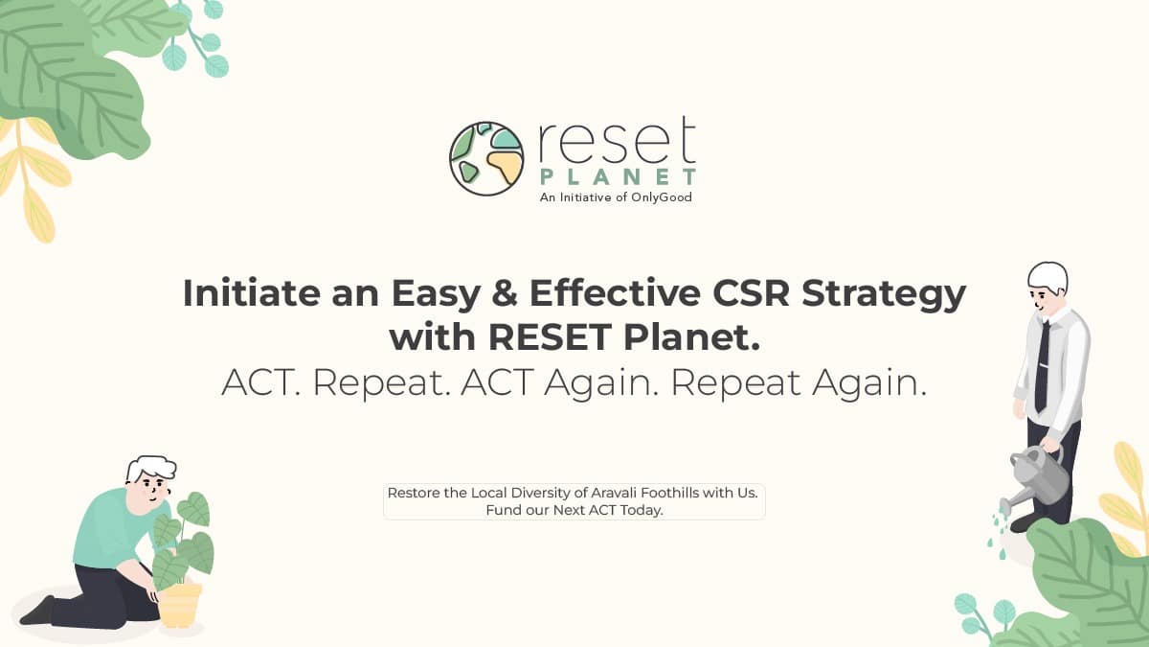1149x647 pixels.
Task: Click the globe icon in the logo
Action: pyautogui.click(x=486, y=159)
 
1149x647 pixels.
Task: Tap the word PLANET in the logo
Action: pyautogui.click(x=619, y=177)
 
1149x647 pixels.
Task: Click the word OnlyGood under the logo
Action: pyautogui.click(x=662, y=197)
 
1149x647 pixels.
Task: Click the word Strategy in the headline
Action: pyautogui.click(x=884, y=295)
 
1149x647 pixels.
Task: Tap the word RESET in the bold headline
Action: pyautogui.click(x=550, y=336)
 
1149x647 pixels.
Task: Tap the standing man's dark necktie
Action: pyautogui.click(x=1042, y=365)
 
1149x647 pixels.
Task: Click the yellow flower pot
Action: pyautogui.click(x=180, y=605)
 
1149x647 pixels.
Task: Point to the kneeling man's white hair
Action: pyautogui.click(x=151, y=469)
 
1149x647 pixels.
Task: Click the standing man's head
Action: pyautogui.click(x=1047, y=288)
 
